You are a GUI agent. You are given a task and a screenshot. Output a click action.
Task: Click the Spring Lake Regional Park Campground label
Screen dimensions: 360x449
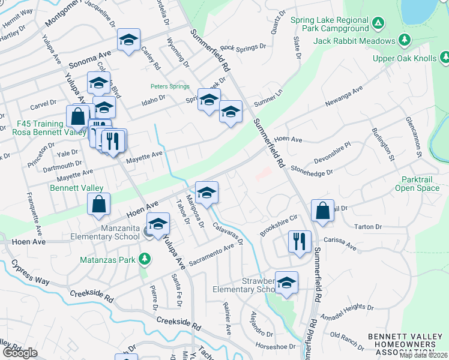(x=329, y=24)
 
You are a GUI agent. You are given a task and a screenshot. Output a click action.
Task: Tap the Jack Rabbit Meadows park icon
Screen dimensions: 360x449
(x=405, y=40)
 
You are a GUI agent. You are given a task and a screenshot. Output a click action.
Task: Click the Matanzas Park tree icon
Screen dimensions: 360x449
(x=144, y=259)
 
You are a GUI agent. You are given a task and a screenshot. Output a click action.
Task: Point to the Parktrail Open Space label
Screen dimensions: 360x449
(x=417, y=184)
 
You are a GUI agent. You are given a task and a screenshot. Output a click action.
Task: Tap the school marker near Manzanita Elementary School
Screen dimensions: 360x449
(x=158, y=224)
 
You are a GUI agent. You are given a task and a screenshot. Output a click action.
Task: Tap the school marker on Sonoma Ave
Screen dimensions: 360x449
(x=128, y=40)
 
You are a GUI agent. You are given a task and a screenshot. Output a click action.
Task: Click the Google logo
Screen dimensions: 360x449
(x=20, y=353)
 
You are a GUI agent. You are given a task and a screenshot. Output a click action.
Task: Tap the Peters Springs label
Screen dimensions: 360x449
(x=169, y=86)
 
